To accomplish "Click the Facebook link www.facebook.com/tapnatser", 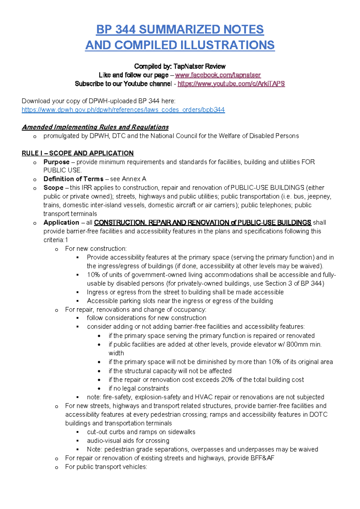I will coord(218,75).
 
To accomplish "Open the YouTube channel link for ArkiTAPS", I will coord(231,84).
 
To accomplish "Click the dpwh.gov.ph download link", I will coord(123,110).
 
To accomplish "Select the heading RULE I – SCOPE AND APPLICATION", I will coord(77,153).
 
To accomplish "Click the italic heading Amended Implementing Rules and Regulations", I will coord(95,127).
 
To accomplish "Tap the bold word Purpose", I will coord(56,162).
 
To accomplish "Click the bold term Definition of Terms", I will coord(73,179).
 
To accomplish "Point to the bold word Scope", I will coord(53,188).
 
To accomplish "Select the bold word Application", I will coord(61,223).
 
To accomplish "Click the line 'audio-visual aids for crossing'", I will coord(128,441).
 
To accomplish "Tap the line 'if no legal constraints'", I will coord(139,388).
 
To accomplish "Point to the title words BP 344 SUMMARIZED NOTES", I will coord(180,29).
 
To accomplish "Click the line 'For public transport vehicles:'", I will coord(106,467).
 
